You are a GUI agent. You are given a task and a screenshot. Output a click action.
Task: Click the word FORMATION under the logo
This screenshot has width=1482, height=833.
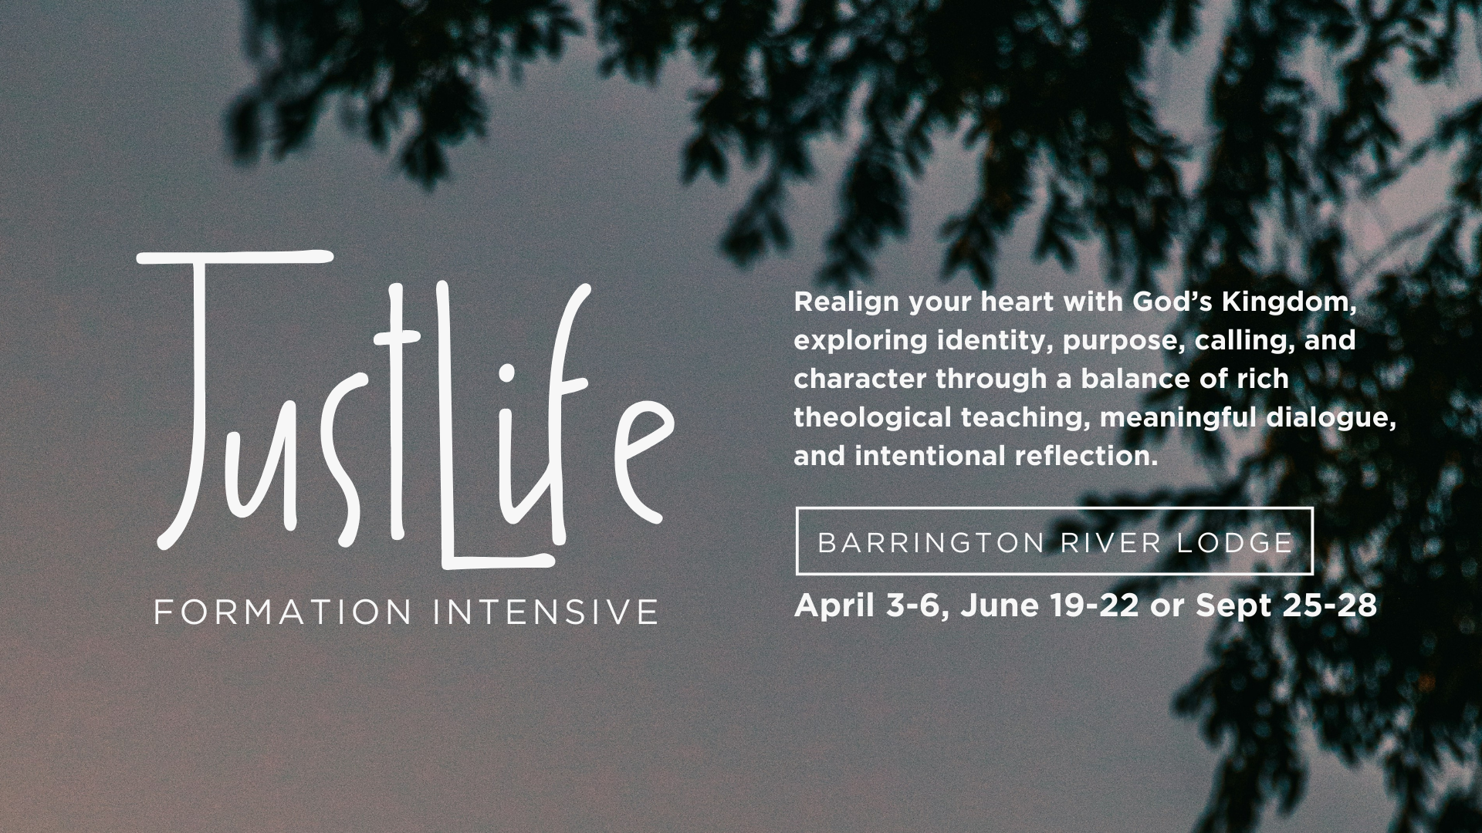click(x=283, y=612)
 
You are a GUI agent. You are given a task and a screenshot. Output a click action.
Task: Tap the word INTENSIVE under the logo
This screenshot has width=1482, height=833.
click(x=545, y=612)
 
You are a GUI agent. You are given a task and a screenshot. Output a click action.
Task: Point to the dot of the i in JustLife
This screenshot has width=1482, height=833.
click(x=507, y=372)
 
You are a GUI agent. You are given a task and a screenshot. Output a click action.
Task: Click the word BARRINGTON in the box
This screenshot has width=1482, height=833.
click(x=931, y=543)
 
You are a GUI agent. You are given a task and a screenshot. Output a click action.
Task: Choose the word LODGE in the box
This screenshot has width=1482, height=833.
click(x=1235, y=543)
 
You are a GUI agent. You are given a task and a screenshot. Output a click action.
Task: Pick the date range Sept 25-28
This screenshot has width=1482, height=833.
click(x=1286, y=606)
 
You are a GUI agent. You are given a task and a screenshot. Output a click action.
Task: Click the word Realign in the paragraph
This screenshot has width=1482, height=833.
click(x=847, y=302)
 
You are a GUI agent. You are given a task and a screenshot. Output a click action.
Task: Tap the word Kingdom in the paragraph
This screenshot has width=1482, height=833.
click(x=1288, y=302)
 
